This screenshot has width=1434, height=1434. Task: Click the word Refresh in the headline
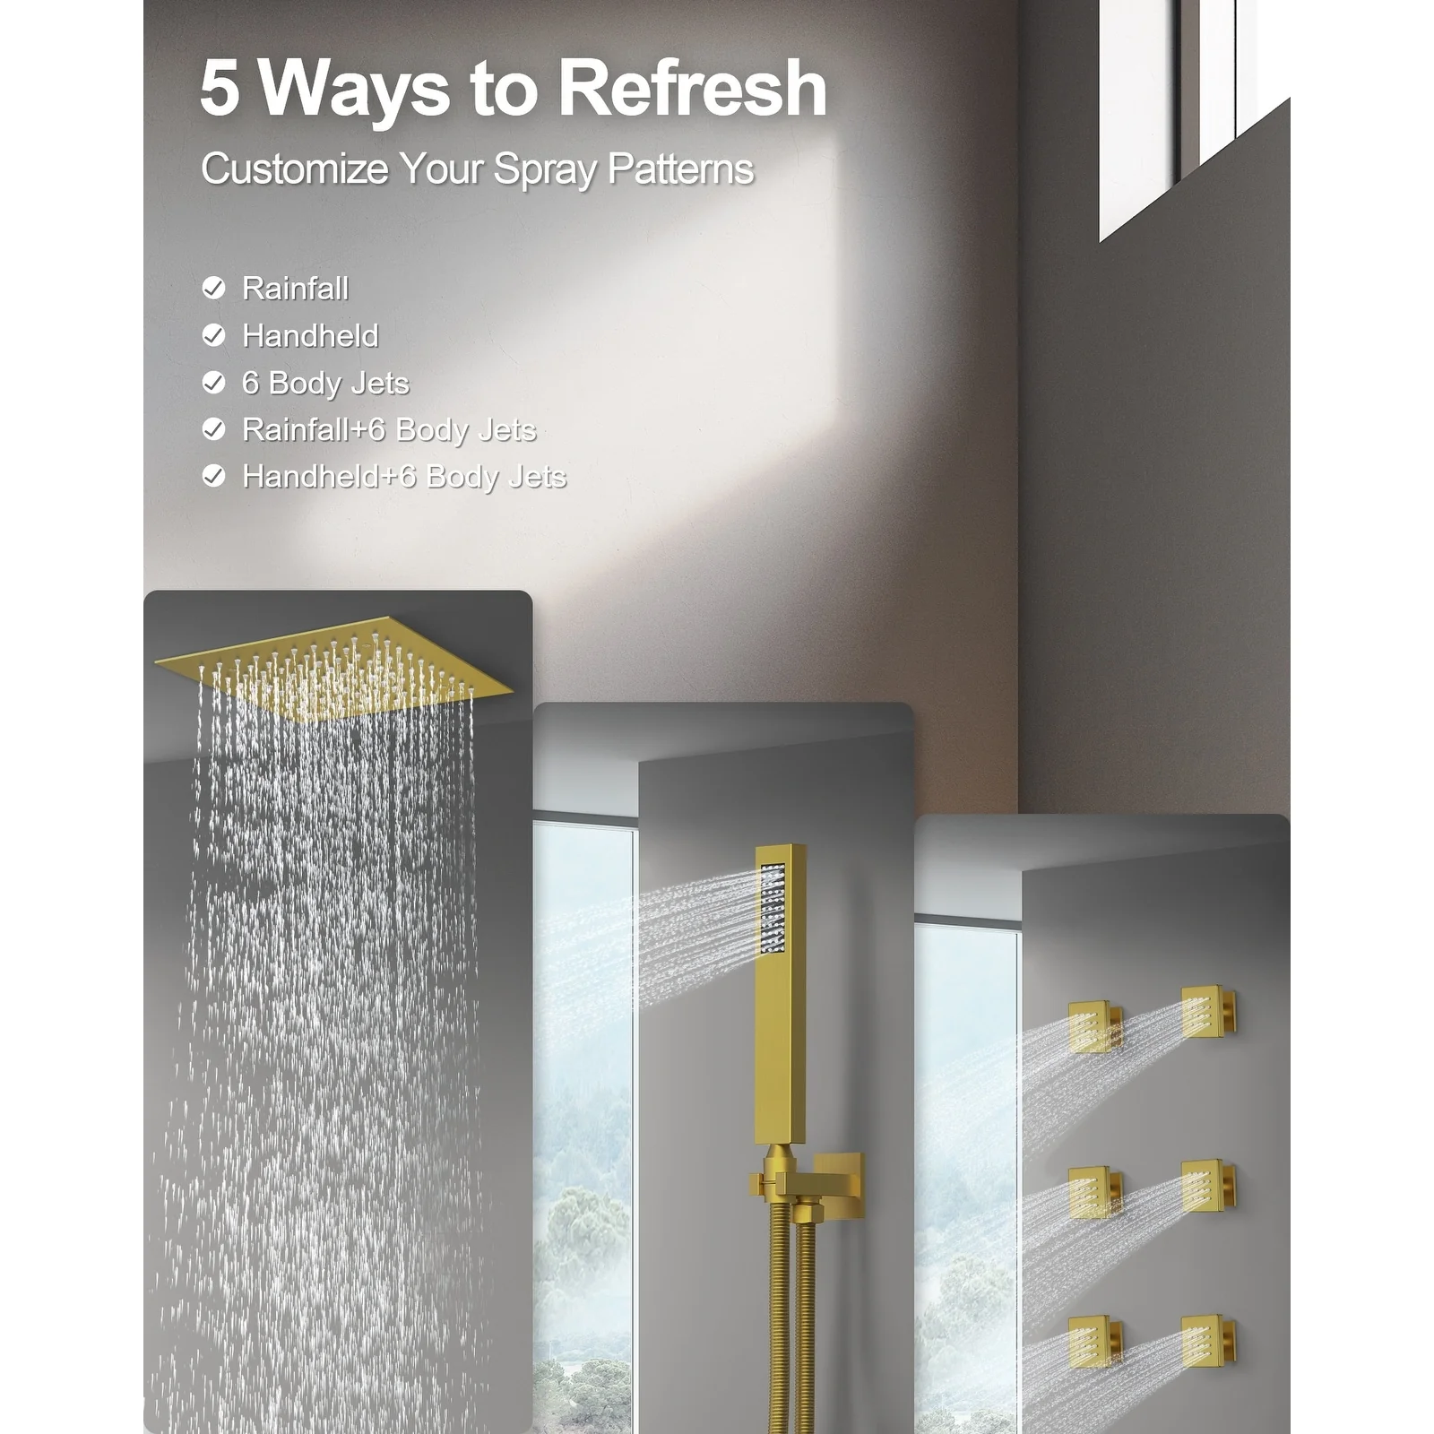tap(691, 87)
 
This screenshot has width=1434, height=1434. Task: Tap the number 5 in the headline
tap(220, 88)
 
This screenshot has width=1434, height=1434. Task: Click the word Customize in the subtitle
tap(294, 168)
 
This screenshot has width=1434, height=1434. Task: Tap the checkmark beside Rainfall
tap(213, 288)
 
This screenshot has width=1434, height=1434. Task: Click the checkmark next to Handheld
tap(213, 335)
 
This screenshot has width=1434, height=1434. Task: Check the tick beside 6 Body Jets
tap(213, 383)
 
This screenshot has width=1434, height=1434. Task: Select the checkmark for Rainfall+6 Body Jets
tap(213, 429)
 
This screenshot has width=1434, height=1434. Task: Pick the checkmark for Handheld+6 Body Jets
tap(213, 476)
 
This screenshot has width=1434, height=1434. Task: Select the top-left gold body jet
tap(1095, 1026)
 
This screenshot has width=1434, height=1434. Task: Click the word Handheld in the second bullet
tap(310, 336)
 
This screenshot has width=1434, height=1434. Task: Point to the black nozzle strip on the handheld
tap(773, 906)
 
